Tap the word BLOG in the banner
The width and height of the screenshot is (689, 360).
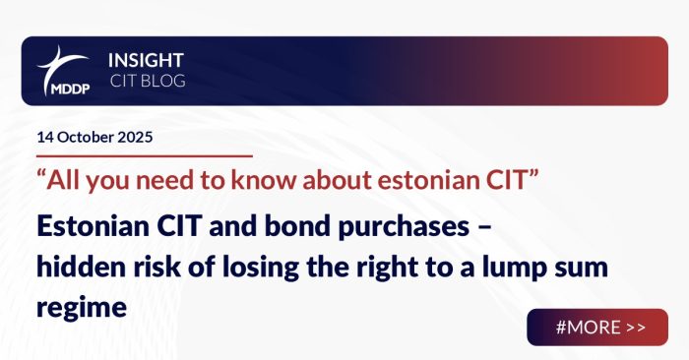click(x=158, y=81)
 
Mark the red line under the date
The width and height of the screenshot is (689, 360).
click(x=144, y=155)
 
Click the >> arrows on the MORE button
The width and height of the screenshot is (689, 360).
click(x=636, y=328)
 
